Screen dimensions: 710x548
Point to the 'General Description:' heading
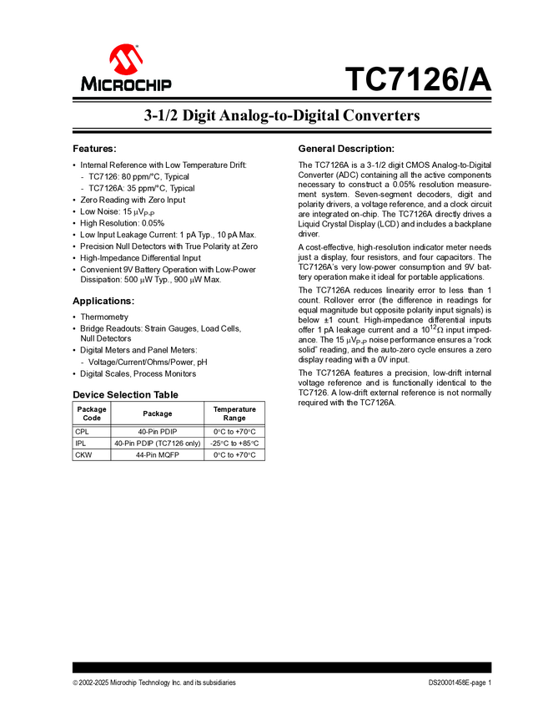346,148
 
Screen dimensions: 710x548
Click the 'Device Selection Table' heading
125,394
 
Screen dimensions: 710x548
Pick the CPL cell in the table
81,431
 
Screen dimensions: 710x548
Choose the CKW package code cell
83,454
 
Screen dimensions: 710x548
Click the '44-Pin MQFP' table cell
158,454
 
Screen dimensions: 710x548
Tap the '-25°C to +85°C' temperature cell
234,443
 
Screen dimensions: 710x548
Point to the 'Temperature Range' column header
234,413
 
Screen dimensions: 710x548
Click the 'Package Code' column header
92,413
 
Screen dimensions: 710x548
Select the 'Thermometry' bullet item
104,317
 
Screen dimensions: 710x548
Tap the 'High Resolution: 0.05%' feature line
122,223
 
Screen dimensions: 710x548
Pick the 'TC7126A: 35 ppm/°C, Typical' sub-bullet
142,188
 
